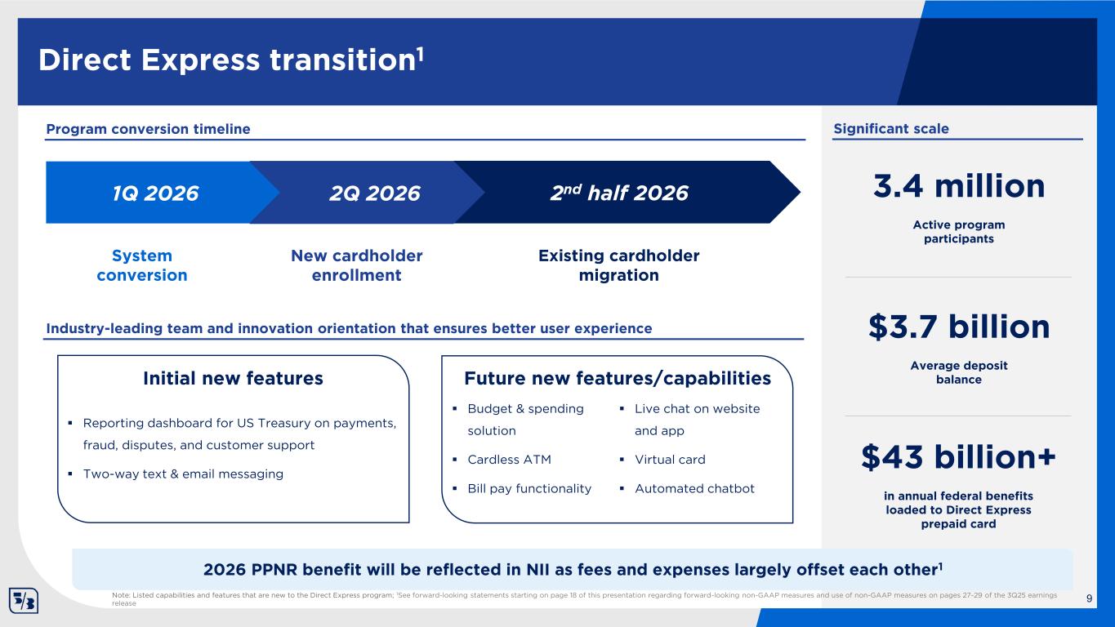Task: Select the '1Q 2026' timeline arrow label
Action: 155,193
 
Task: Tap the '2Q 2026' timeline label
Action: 375,193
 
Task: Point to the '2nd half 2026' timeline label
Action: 619,193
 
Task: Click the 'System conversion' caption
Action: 142,265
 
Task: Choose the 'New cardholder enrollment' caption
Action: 356,265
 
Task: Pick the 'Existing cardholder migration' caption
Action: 618,265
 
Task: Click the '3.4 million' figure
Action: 959,186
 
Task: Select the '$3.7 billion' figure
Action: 959,327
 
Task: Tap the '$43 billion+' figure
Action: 959,457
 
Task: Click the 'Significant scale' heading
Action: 891,129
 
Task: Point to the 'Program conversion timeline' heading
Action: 148,129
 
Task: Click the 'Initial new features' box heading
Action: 233,378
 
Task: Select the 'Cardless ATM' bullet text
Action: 509,460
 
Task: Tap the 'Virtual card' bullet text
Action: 670,460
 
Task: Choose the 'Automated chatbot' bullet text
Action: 694,488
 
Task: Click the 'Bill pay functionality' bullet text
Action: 529,489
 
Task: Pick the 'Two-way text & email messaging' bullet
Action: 183,474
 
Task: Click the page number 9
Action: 1089,598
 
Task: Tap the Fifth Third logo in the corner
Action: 24,600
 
